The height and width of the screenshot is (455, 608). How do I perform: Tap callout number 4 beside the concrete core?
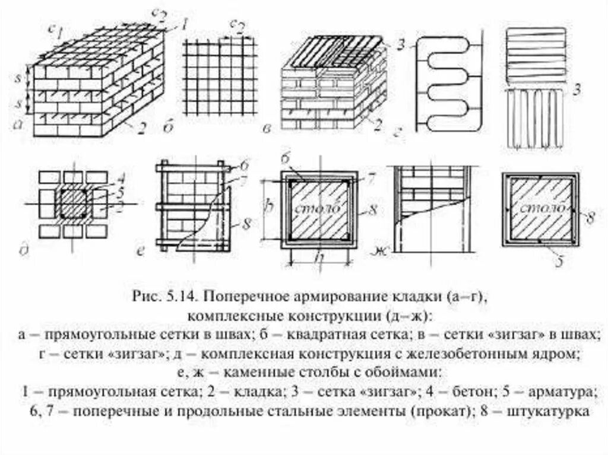[121, 176]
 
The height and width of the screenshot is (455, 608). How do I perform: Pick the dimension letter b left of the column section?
[268, 208]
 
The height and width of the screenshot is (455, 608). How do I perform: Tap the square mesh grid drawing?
[220, 77]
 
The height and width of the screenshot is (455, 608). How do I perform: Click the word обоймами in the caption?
[401, 373]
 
